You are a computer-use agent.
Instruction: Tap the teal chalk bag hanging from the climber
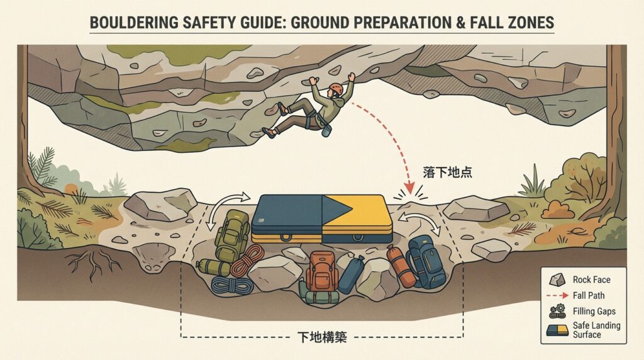pyautogui.click(x=326, y=130)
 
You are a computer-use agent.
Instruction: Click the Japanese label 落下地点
pyautogui.click(x=447, y=172)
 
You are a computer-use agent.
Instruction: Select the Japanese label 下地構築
pyautogui.click(x=322, y=337)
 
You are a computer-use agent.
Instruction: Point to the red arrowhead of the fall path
pyautogui.click(x=409, y=188)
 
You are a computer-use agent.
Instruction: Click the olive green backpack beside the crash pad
pyautogui.click(x=232, y=235)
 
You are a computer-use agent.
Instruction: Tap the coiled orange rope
pyautogui.click(x=247, y=261)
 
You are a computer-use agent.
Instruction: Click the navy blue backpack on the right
pyautogui.click(x=426, y=261)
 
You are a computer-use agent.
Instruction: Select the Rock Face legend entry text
pyautogui.click(x=591, y=280)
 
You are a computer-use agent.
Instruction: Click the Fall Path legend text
pyautogui.click(x=589, y=295)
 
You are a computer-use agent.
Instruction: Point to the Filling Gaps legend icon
pyautogui.click(x=557, y=311)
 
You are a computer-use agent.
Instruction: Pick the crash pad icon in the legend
pyautogui.click(x=557, y=330)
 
